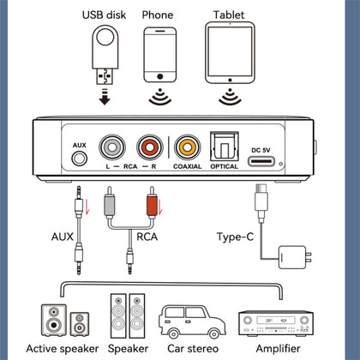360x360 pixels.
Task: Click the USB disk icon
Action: [105, 55]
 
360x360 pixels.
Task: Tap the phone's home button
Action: [160, 76]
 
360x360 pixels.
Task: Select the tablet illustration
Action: [230, 52]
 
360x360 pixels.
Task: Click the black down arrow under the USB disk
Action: [105, 97]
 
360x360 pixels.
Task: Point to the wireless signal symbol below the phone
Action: [160, 97]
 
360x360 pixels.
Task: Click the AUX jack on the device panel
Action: [79, 158]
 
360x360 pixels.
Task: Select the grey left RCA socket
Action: [112, 147]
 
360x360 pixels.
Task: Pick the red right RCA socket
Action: [150, 147]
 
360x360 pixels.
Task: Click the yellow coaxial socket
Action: [188, 147]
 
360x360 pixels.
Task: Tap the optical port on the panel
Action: [225, 147]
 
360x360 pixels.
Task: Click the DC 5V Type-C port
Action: [261, 161]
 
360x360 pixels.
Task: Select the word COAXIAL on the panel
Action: [188, 166]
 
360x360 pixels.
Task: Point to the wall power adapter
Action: [294, 257]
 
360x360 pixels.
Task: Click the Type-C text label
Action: [235, 237]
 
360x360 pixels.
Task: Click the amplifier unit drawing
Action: [276, 323]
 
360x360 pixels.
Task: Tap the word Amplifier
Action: [278, 349]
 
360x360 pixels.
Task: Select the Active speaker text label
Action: [63, 349]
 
